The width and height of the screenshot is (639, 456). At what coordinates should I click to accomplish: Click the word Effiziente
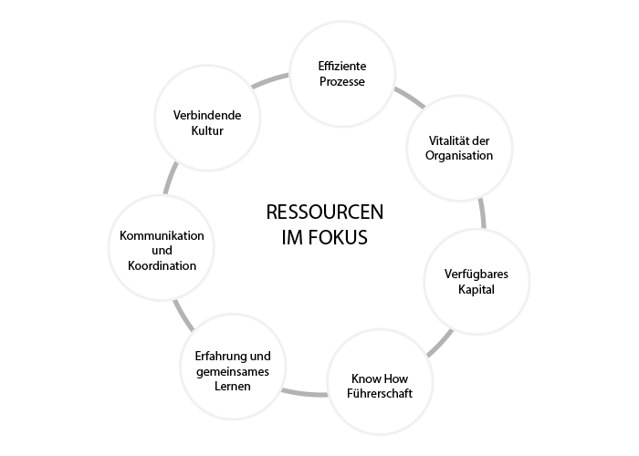342,67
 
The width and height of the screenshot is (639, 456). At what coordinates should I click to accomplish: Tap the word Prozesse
342,83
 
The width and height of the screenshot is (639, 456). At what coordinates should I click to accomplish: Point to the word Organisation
459,156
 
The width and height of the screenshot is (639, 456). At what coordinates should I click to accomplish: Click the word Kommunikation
162,236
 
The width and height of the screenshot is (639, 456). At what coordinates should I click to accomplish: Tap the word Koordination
162,267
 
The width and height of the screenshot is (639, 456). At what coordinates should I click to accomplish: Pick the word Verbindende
207,116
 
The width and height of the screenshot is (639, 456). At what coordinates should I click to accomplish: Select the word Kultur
207,131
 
